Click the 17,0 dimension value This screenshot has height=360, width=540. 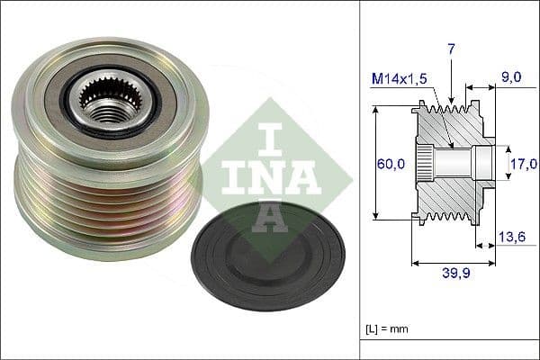(x=521, y=164)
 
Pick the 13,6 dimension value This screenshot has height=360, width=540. (x=511, y=237)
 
